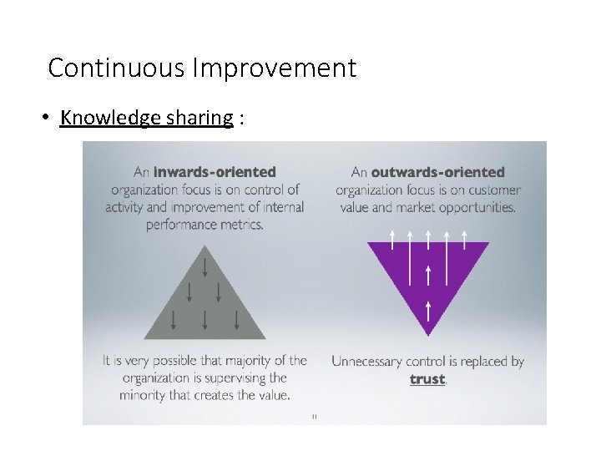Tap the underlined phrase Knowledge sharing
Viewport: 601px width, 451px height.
pos(146,118)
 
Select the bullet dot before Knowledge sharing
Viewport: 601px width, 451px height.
pos(48,118)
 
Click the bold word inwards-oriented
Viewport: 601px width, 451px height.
pos(215,172)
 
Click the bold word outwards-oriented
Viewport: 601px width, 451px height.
pos(438,172)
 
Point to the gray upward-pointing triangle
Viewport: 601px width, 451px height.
pos(205,309)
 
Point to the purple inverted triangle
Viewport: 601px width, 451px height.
pos(428,276)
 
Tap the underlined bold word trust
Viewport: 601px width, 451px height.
pos(427,379)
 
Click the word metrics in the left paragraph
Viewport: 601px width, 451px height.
pos(241,224)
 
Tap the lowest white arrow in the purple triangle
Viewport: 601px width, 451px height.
pos(428,312)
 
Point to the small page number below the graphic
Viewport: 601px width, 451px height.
pos(314,415)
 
